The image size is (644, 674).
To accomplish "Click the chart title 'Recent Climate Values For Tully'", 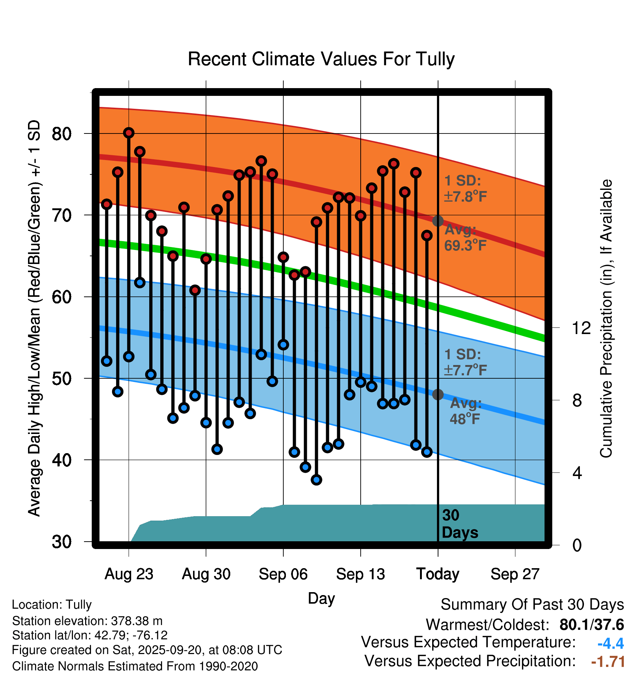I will click(321, 59).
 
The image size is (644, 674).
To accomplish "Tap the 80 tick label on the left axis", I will click(62, 133).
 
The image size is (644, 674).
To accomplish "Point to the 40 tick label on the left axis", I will click(62, 460).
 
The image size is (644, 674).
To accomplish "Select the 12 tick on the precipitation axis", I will click(581, 328).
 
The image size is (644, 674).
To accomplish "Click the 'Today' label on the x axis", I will click(438, 574).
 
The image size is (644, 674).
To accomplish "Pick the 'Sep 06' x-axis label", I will click(283, 574).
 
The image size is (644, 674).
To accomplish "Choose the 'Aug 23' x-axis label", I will click(129, 574).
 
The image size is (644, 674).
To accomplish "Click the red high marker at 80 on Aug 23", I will click(129, 133).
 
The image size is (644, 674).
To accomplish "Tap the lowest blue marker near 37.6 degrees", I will click(316, 480).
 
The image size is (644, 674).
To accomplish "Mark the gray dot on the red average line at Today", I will click(438, 221).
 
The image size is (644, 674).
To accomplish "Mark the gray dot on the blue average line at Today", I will click(438, 395).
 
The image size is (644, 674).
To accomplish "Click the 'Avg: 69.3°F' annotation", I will click(465, 237).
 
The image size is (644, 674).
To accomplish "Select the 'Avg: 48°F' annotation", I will click(466, 411).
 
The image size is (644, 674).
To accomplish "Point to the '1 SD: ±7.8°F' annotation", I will click(466, 188).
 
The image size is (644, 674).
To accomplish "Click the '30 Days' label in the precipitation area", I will click(460, 524).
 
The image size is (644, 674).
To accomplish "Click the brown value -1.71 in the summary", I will click(608, 661).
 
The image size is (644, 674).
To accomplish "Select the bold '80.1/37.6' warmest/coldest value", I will click(591, 625).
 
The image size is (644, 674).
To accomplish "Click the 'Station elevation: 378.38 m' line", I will click(87, 621).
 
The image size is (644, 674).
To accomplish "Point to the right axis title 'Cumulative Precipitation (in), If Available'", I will click(606, 319).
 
